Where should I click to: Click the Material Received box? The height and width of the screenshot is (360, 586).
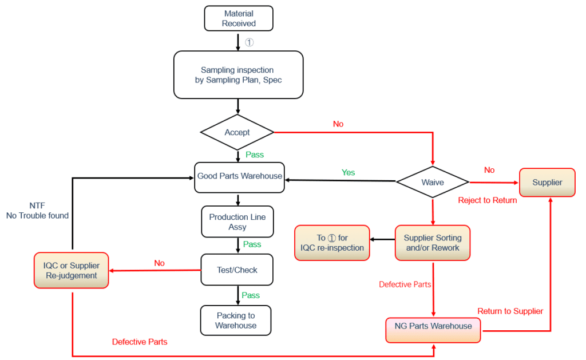coord(239,18)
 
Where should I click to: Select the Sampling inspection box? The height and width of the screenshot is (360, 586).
coord(238,74)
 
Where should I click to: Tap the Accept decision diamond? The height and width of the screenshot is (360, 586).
coord(237,132)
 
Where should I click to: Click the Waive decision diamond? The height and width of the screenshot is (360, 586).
coord(432,182)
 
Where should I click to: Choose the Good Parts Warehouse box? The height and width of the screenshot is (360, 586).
coord(239,176)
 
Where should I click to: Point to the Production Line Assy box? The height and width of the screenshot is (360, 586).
coord(237,222)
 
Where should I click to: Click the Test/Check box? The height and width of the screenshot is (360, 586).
coord(237,270)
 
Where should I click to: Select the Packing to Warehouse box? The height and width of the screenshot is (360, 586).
coord(236,321)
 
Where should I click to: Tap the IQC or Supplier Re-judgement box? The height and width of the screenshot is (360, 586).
coord(72,270)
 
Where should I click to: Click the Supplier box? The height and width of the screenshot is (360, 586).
coord(547,182)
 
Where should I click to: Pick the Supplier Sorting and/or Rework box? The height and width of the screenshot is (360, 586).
coord(432,243)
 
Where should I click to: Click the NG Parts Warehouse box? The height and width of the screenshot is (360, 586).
coord(433,326)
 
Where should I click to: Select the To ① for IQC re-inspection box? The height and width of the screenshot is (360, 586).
coord(332,243)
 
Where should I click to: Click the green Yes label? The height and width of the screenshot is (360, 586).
coord(348,172)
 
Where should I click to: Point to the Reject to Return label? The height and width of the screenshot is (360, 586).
coord(488,200)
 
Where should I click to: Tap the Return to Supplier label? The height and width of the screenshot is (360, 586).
coord(510,311)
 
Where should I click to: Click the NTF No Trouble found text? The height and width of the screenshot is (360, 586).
coord(37,211)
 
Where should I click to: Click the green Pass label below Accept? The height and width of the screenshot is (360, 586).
coord(255,155)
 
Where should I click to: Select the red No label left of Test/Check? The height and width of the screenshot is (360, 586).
coord(159,263)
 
